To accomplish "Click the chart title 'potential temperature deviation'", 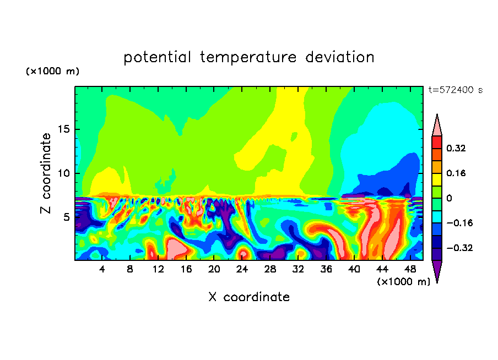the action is pos(248,57).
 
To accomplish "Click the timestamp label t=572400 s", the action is pos(456,90).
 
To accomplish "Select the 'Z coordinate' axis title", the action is pos(46,173).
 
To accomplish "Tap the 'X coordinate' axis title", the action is pos(249,297).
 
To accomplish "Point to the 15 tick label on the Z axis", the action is pos(63,129).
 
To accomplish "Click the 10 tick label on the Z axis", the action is pos(63,173).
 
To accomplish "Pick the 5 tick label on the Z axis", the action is pos(66,217).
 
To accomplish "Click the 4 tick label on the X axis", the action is pos(102,269).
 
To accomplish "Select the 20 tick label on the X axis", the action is pos(214,269).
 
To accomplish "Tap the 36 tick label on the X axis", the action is pos(326,269).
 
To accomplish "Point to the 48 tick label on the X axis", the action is pos(410,269).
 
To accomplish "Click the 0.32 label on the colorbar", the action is pos(456,148).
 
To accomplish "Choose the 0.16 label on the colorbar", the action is pos(456,173).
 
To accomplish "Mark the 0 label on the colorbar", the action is pos(449,198).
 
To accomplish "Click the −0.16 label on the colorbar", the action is pos(459,223).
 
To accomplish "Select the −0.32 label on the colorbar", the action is pos(459,248).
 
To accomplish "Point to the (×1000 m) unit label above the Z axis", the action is pos(52,71).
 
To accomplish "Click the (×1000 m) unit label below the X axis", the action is pos(403,282).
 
